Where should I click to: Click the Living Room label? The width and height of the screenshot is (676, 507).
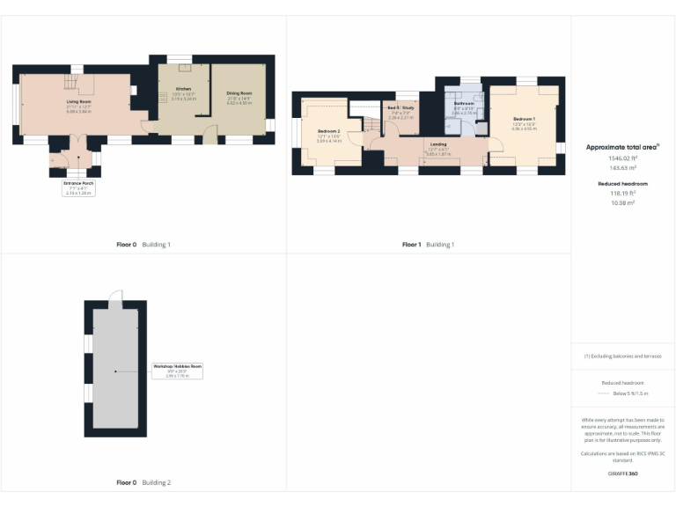point(79,101)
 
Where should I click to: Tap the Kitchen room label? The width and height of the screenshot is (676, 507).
point(183,90)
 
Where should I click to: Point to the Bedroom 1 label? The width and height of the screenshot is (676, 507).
point(524,119)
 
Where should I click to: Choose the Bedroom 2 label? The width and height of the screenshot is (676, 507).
point(328,131)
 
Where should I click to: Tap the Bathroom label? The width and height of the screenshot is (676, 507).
point(464,104)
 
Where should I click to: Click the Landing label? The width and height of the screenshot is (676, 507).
point(437,143)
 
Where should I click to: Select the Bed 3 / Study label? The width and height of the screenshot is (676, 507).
point(400,108)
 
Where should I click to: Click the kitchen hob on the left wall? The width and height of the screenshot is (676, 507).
point(163,98)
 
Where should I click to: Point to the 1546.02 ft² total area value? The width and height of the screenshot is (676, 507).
point(622,158)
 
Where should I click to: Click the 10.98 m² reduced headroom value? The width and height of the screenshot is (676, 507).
point(622,202)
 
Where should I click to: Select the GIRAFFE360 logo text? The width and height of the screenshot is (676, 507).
point(622,474)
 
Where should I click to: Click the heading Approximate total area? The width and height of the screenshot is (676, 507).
point(622,147)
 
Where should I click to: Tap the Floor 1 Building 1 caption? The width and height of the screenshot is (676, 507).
point(428,244)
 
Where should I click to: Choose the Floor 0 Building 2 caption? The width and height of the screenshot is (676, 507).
point(143,482)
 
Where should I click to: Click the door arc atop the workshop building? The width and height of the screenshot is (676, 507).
point(114,298)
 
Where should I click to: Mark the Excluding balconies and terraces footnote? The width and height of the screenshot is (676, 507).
point(622,356)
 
